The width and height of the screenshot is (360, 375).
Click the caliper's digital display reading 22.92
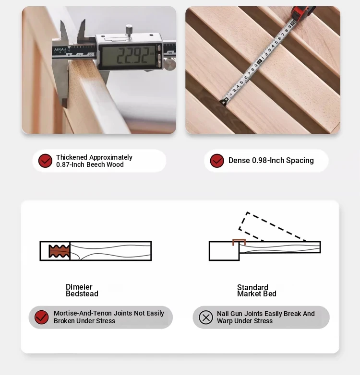(129, 56)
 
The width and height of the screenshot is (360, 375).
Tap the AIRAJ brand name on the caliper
(60, 49)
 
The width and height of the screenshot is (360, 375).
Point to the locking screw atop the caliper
(129, 30)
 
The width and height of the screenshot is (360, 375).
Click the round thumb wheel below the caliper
(170, 65)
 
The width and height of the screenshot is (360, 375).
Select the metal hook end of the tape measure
(224, 102)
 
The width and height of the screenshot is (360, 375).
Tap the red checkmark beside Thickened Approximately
(45, 161)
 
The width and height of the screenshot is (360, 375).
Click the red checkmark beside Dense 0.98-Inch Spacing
(217, 161)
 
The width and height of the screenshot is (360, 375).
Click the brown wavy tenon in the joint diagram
(60, 251)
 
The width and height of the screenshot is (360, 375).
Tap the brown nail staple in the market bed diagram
(239, 242)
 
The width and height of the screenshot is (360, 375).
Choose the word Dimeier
(79, 287)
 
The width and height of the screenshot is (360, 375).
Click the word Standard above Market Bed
(252, 287)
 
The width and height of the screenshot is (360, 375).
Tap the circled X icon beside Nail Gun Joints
(206, 317)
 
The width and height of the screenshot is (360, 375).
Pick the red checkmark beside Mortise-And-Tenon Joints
(41, 317)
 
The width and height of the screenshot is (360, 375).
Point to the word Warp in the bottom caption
(225, 321)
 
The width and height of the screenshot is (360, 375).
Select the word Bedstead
(82, 293)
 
